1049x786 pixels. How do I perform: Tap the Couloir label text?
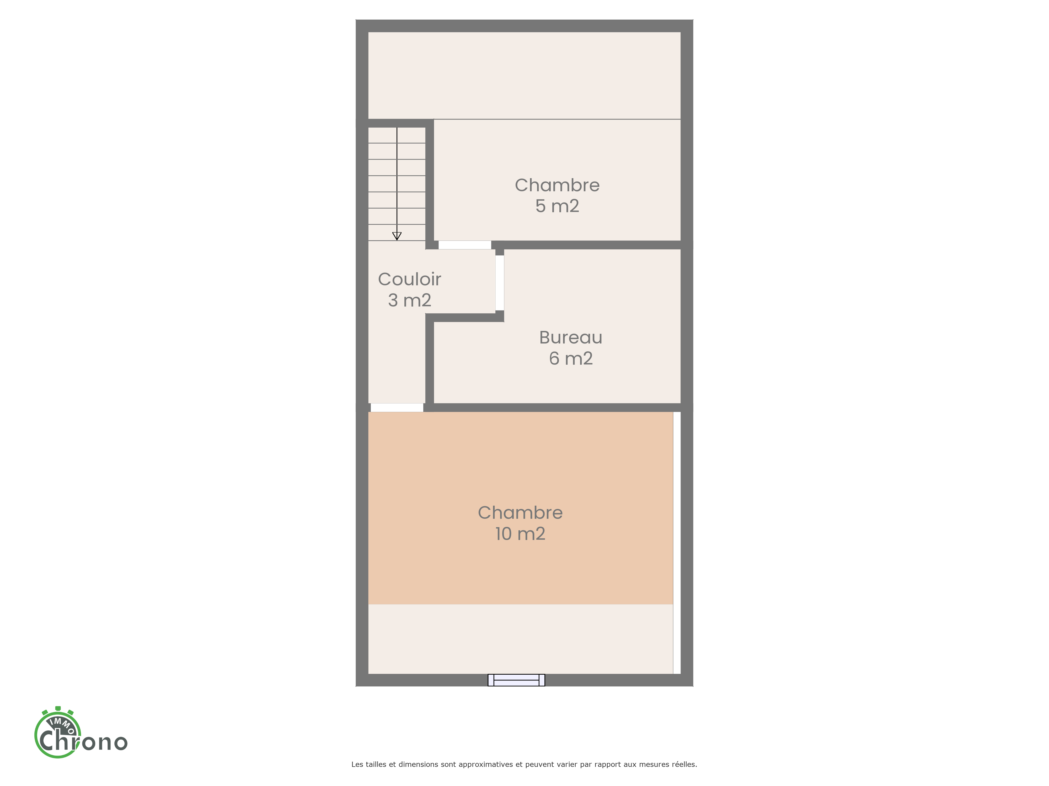click(x=410, y=280)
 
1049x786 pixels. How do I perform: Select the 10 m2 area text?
click(x=520, y=534)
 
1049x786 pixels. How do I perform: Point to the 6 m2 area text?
click(x=571, y=359)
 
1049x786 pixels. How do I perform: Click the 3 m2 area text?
click(x=410, y=300)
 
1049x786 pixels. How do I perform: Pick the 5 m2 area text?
click(x=557, y=206)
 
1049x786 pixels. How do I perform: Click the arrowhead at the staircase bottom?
click(x=397, y=236)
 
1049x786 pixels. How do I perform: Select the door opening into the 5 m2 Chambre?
click(x=465, y=245)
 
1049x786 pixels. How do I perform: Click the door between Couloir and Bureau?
click(x=500, y=283)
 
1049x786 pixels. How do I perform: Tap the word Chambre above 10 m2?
click(x=520, y=513)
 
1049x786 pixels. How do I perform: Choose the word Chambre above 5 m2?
click(x=557, y=185)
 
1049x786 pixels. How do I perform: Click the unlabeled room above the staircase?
click(x=524, y=76)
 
